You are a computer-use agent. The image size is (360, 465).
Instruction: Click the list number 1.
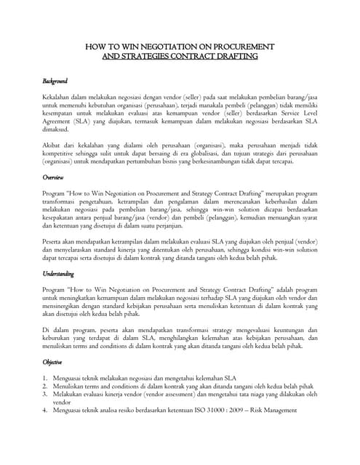coord(45,378)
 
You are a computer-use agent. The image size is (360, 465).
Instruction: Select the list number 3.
coord(45,395)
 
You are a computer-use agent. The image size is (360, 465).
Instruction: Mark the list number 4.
coord(45,411)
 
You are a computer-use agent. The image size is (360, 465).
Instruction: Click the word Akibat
coord(52,145)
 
